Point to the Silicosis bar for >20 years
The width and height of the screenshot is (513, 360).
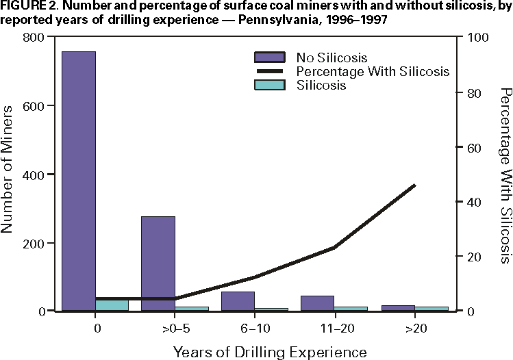click(x=431, y=308)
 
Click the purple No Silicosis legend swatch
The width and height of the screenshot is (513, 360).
click(x=271, y=57)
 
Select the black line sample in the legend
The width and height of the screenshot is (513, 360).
click(x=271, y=71)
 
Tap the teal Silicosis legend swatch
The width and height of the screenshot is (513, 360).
click(x=271, y=86)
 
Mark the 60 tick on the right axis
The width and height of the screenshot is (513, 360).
click(x=472, y=147)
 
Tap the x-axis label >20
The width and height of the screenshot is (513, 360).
click(x=415, y=329)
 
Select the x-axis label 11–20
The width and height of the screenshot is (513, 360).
click(x=335, y=329)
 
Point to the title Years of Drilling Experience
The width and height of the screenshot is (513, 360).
click(x=270, y=352)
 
